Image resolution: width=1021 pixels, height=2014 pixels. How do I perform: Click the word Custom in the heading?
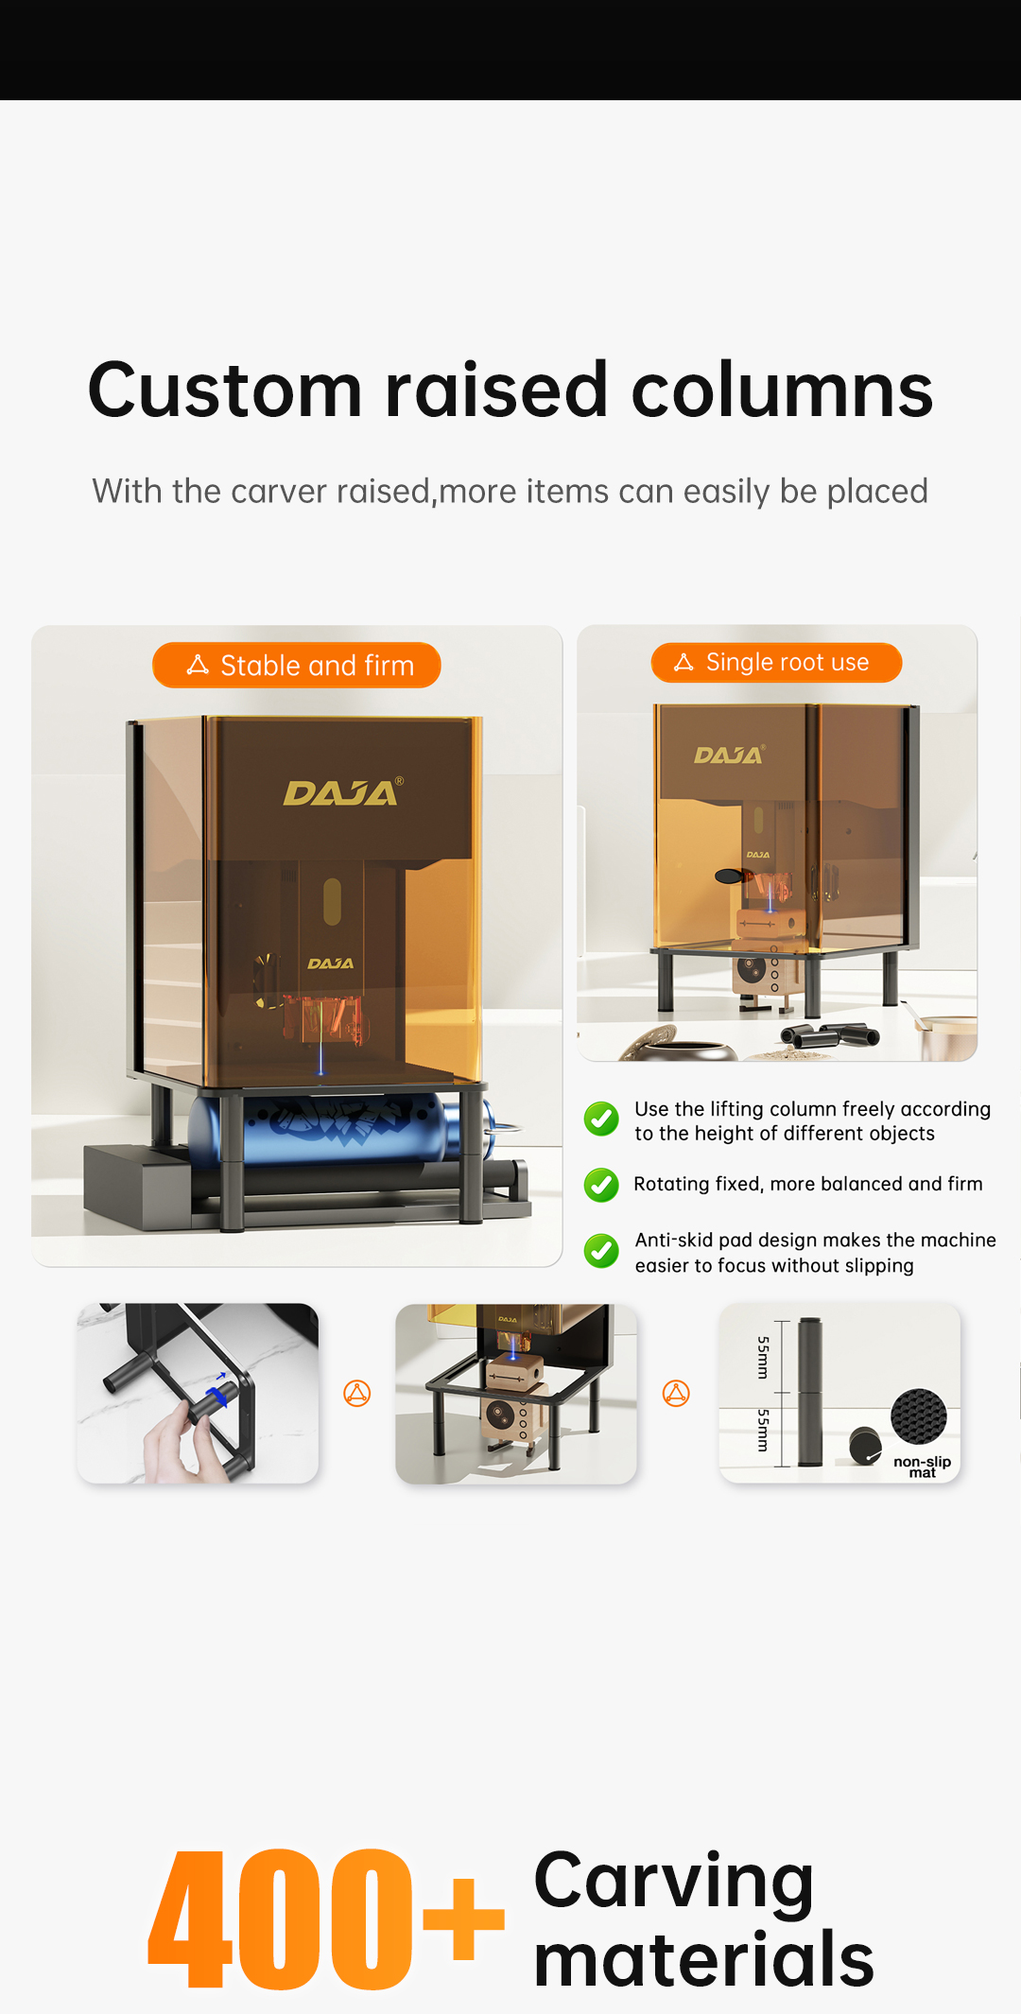point(225,391)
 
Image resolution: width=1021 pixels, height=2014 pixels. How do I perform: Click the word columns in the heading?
point(782,391)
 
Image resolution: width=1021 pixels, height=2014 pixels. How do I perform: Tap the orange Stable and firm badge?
point(297,666)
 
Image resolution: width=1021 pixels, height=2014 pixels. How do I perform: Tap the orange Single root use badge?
point(776,663)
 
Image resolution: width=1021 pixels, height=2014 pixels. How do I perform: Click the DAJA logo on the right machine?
point(728,755)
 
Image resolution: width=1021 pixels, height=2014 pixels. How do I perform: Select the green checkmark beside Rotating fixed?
point(601,1185)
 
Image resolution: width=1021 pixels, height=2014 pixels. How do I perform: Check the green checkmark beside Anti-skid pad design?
point(601,1251)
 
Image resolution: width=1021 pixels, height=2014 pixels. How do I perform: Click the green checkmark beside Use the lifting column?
point(601,1119)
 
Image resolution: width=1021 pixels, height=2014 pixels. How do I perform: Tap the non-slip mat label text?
point(922,1467)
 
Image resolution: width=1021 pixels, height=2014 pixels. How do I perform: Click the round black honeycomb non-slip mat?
point(918,1416)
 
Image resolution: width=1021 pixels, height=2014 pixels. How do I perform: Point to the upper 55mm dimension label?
point(763,1357)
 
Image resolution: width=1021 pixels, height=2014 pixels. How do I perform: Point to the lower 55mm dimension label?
point(763,1430)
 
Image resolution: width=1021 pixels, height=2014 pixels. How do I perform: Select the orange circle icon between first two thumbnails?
point(357,1393)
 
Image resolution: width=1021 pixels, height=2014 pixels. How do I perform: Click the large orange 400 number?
point(281,1919)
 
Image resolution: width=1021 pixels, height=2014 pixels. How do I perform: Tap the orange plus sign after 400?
point(463,1919)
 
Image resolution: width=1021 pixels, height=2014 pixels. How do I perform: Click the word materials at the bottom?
point(703,1960)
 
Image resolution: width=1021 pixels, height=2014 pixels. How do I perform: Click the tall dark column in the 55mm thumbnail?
point(810,1392)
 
